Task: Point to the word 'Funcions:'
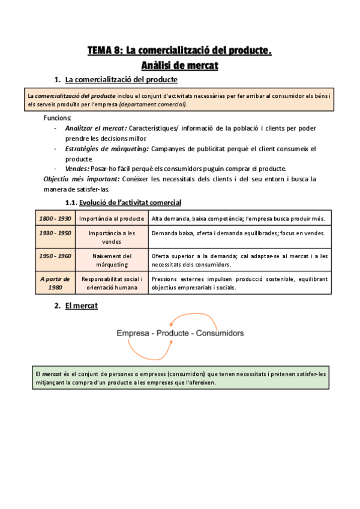tap(57, 118)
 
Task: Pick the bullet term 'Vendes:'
tap(77, 168)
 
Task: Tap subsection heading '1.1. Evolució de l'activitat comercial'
tap(124, 202)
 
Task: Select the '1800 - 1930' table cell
tap(55, 218)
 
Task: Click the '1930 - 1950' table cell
tap(55, 233)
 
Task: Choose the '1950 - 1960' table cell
tap(55, 256)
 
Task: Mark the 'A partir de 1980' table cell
tap(55, 283)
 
